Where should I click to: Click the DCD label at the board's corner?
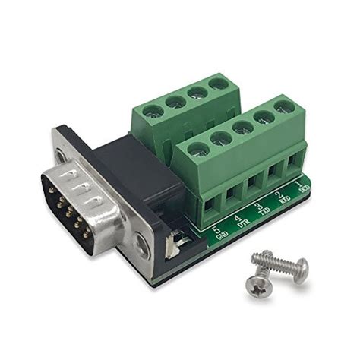[x=304, y=187]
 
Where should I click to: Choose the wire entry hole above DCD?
[x=295, y=161]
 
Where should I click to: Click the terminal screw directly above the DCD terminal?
[x=284, y=106]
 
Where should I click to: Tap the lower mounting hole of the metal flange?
[x=142, y=243]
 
